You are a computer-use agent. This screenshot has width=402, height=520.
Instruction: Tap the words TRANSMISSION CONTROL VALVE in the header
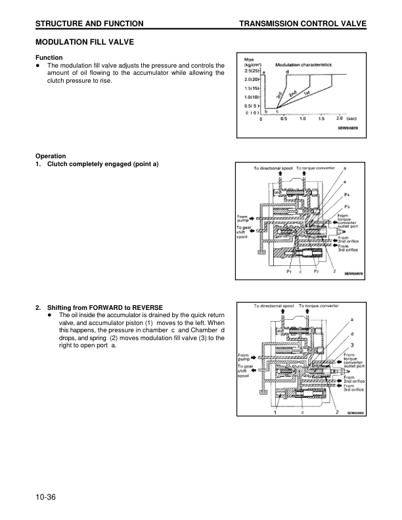coord(303,24)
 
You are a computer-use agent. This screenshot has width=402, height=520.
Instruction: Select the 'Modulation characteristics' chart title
coord(303,65)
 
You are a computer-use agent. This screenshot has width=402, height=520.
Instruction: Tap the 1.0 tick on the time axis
coord(302,119)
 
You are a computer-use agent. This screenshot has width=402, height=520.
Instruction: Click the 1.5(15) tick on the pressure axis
coord(252,87)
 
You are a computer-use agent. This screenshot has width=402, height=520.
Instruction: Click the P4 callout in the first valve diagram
coord(346,196)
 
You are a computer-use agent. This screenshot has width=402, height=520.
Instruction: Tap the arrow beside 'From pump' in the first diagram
coord(254,219)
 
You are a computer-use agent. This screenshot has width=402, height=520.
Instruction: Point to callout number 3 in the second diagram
coord(352,345)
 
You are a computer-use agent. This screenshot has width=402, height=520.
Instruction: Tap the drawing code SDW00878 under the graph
coord(348,128)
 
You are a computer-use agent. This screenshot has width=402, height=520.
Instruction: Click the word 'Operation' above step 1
coord(51,156)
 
